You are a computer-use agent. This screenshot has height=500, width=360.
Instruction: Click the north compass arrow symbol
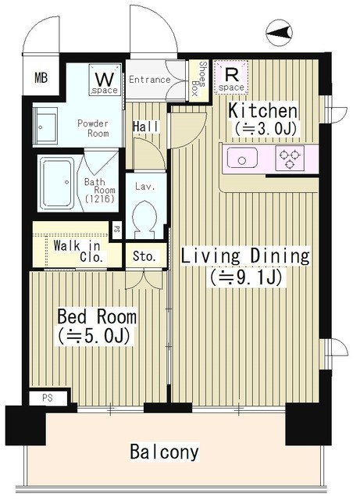(280, 32)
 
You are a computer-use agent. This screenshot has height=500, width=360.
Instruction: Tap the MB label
(41, 77)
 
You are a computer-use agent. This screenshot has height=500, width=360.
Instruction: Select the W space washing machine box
(105, 80)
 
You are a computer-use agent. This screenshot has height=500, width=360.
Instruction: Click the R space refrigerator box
(231, 77)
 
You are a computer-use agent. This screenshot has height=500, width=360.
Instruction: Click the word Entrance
(150, 79)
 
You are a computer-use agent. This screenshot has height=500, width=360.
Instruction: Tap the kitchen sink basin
(242, 158)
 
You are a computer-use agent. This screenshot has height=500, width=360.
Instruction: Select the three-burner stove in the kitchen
(290, 158)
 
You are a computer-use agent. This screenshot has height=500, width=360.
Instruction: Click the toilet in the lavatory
(144, 219)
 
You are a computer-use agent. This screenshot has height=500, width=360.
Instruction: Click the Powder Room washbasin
(45, 125)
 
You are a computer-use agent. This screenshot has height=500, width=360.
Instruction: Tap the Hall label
(145, 127)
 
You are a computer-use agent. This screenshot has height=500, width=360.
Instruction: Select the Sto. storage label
(144, 256)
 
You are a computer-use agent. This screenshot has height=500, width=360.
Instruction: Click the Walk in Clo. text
(78, 251)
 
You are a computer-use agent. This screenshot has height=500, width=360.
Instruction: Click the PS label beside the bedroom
(47, 398)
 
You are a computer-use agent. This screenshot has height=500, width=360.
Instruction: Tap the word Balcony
(165, 452)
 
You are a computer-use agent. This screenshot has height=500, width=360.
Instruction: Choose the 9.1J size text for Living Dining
(245, 277)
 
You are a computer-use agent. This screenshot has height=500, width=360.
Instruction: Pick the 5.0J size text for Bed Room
(94, 336)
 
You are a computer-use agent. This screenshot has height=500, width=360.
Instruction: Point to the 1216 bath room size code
(100, 199)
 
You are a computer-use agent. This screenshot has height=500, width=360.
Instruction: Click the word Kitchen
(262, 111)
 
